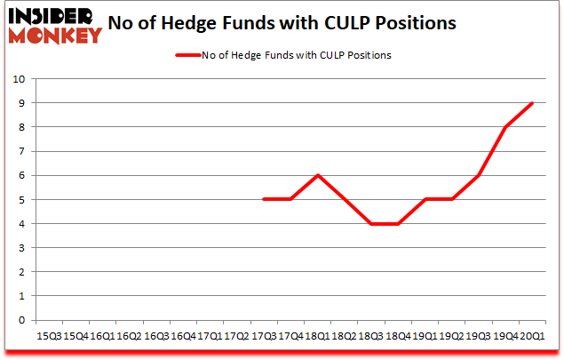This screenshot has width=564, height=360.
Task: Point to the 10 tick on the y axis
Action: click(x=20, y=78)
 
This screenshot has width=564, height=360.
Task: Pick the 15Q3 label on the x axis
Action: click(x=50, y=336)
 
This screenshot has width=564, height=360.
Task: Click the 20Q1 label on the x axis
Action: click(x=532, y=336)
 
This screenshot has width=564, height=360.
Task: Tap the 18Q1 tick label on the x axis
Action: click(x=317, y=336)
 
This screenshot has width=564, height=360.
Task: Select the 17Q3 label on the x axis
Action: click(x=264, y=336)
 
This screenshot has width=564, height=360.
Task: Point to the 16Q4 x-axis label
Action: click(x=183, y=336)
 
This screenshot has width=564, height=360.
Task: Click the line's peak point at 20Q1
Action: click(x=532, y=103)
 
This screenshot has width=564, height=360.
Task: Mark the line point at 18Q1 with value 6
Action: click(x=317, y=175)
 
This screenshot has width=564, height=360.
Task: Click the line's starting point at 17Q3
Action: click(x=264, y=200)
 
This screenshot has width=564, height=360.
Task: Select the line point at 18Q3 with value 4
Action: click(x=371, y=224)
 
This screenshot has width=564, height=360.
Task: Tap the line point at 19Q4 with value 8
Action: click(x=505, y=127)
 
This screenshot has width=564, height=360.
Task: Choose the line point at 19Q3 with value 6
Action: click(x=478, y=175)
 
